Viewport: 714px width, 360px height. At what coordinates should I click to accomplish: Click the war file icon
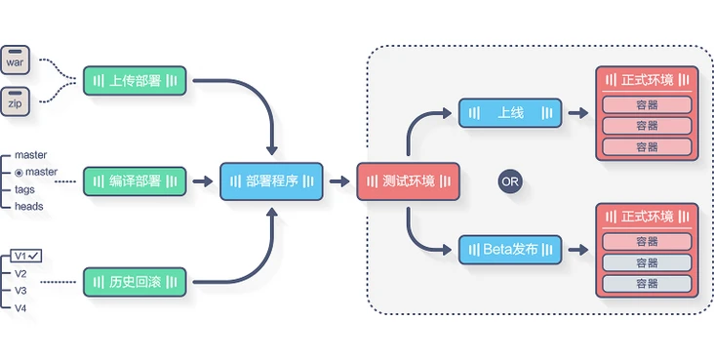click(x=16, y=61)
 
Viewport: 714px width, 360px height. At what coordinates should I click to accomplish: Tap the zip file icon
click(x=16, y=100)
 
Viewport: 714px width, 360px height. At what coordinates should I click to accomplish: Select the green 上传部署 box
click(x=135, y=80)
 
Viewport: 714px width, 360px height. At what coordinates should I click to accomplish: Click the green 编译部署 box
click(x=135, y=180)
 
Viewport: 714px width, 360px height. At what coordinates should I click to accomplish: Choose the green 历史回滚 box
click(x=135, y=283)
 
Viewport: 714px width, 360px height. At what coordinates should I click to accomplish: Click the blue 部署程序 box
click(x=271, y=181)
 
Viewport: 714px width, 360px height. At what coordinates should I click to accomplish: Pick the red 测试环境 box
click(x=409, y=181)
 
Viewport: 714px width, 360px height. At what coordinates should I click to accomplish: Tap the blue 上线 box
click(x=510, y=113)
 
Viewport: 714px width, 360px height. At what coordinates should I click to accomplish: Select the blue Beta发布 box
click(x=510, y=249)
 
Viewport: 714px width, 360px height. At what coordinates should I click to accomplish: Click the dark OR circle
click(x=510, y=181)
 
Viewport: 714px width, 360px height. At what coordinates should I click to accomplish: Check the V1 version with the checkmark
click(x=25, y=256)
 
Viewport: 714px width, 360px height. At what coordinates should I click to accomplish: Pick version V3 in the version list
click(x=21, y=291)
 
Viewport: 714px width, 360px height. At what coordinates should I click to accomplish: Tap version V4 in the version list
click(x=21, y=308)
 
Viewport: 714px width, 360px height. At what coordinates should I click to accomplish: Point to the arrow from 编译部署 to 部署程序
click(x=203, y=181)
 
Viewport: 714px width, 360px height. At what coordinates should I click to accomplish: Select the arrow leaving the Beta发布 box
click(x=578, y=250)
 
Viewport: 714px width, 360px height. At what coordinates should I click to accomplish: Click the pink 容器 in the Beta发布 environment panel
click(x=647, y=241)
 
